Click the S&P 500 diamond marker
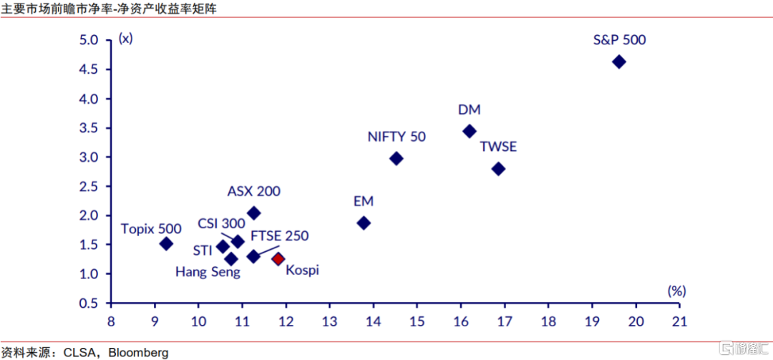pos(619,62)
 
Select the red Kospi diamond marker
pos(278,258)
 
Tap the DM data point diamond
pos(470,131)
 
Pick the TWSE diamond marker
pos(499,169)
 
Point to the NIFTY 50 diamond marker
pos(396,158)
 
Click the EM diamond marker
pos(364,223)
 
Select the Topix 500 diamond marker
pos(166,243)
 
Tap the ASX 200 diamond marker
pos(253,213)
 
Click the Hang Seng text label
pos(208,272)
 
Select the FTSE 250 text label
pos(280,235)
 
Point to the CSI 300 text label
pos(222,224)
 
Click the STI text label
pos(202,250)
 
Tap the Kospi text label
pos(302,270)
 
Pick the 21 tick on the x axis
pos(679,322)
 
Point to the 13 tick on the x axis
pos(329,322)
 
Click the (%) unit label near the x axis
pos(676,291)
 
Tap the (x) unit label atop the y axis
pos(126,38)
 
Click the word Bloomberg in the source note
pos(138,352)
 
